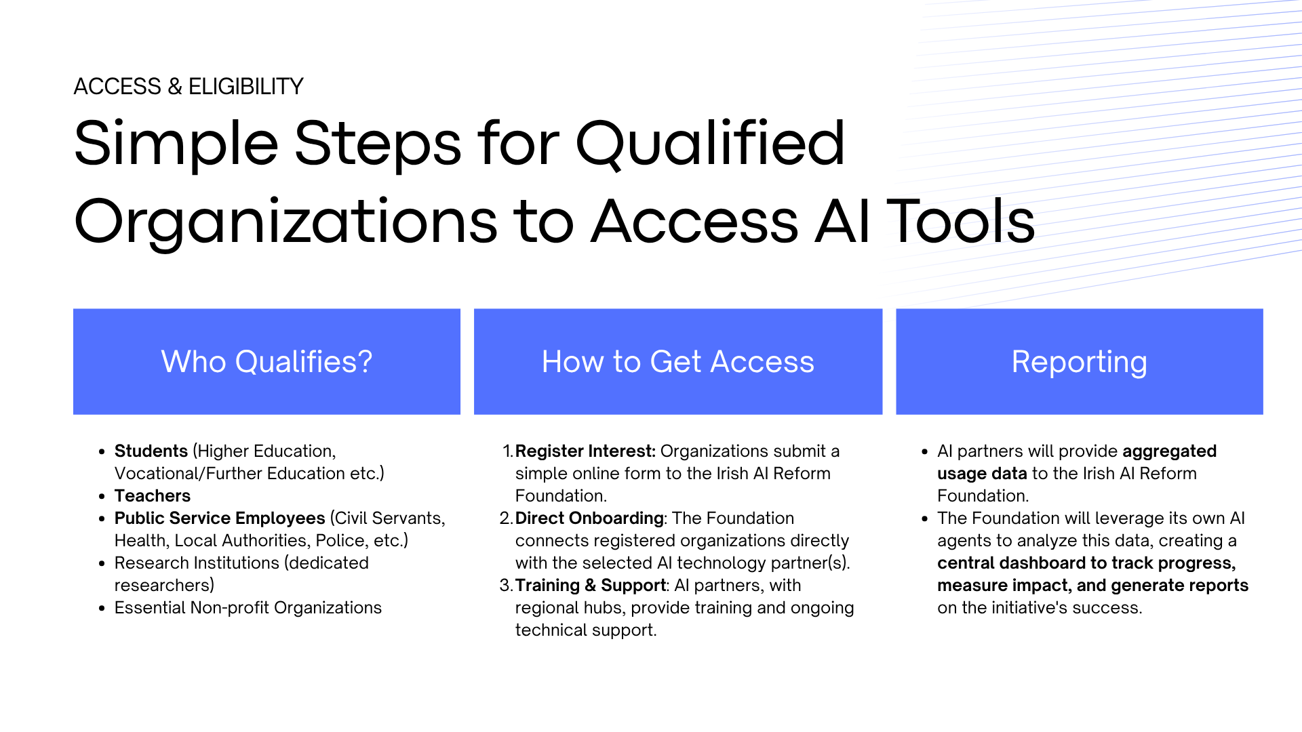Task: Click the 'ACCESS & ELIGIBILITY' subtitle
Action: (x=189, y=87)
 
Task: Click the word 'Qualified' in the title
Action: (x=710, y=144)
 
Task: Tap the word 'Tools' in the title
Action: (x=961, y=221)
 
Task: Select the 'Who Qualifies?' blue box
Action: (x=267, y=361)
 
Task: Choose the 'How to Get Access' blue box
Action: (x=678, y=361)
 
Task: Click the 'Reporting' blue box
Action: (x=1080, y=361)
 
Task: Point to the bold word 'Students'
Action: (x=151, y=451)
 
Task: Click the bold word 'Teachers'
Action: (x=153, y=496)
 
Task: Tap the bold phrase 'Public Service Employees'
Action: (x=220, y=518)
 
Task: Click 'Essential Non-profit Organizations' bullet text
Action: (x=248, y=608)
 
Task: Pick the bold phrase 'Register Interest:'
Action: (x=585, y=451)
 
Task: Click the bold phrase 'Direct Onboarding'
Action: (x=589, y=518)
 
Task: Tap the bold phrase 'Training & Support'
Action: (x=591, y=586)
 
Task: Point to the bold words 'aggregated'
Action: (x=1170, y=451)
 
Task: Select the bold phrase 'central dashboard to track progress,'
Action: (x=1086, y=563)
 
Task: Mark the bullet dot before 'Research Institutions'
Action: (x=102, y=563)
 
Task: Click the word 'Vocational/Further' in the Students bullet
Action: (x=182, y=474)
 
